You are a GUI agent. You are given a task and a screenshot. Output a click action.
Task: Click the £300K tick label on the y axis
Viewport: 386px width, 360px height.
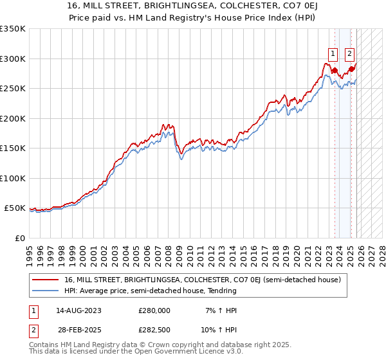[x=13, y=59]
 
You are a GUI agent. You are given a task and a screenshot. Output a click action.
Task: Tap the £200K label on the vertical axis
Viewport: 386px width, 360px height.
[x=13, y=118]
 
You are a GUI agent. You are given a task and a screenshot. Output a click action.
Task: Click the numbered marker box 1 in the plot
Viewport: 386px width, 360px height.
[x=333, y=54]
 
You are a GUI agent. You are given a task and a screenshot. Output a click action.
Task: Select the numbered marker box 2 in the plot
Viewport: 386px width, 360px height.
[x=349, y=54]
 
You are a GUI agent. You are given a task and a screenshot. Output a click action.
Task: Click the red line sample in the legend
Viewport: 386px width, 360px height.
[x=46, y=280]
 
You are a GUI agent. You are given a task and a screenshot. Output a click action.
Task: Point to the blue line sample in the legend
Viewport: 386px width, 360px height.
[x=46, y=291]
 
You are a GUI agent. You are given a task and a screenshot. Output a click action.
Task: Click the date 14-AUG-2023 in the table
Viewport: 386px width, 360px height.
[x=78, y=310]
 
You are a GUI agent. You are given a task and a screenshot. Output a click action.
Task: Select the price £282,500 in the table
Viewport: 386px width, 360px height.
[x=154, y=330]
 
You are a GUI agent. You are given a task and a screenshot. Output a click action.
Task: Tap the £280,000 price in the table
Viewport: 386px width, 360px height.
[x=154, y=310]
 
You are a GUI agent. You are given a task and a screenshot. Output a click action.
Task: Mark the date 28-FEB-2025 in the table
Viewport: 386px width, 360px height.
[x=78, y=330]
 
